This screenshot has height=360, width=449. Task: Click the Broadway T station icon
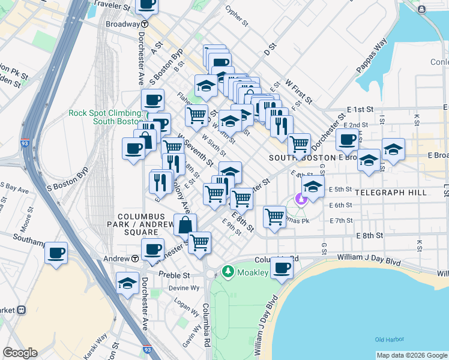tap(145, 25)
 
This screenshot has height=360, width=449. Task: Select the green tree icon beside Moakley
tap(228, 272)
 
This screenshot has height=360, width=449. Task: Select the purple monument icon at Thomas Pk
tap(301, 198)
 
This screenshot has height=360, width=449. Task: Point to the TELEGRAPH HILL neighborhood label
tap(390, 193)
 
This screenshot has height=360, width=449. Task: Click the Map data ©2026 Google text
tap(411, 355)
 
